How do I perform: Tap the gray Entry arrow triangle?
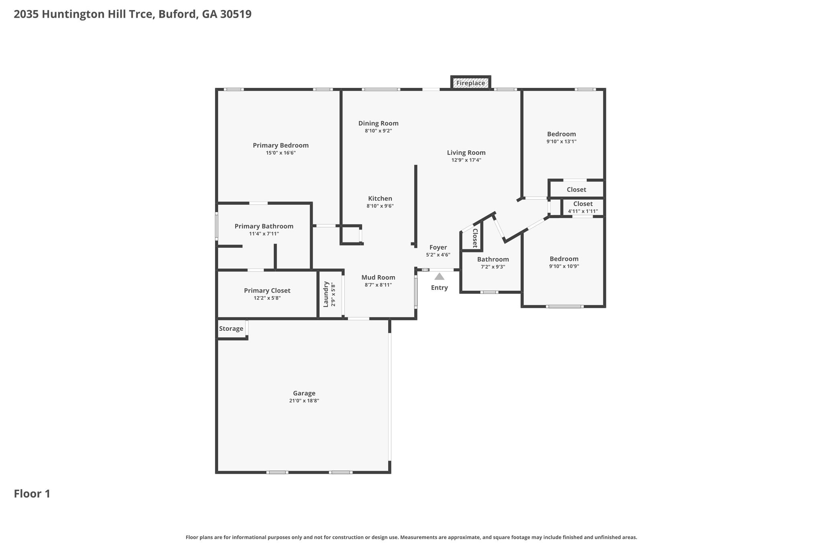(439, 276)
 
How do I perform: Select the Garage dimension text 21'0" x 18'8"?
(304, 401)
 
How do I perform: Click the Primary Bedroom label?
(280, 145)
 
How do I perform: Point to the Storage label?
(231, 329)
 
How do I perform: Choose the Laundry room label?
(326, 294)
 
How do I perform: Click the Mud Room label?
(378, 277)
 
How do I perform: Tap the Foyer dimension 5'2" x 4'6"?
(438, 255)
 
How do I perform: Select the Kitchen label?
(380, 198)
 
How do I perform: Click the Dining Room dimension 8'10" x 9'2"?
(378, 131)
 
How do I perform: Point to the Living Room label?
(466, 153)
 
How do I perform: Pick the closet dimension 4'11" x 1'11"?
(583, 211)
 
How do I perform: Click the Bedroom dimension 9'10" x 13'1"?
(561, 141)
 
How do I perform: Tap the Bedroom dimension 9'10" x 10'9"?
(564, 266)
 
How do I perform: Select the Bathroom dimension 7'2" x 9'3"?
(493, 267)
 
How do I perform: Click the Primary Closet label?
(267, 291)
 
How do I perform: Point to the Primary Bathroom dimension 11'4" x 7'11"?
(264, 234)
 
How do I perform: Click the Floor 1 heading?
(32, 494)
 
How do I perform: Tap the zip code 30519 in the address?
(236, 14)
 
